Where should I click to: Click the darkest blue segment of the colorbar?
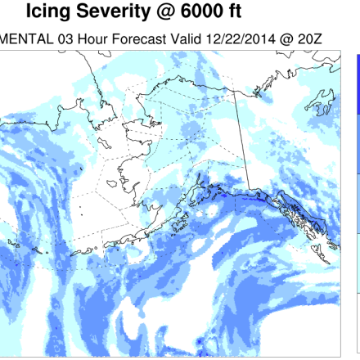[358, 82]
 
